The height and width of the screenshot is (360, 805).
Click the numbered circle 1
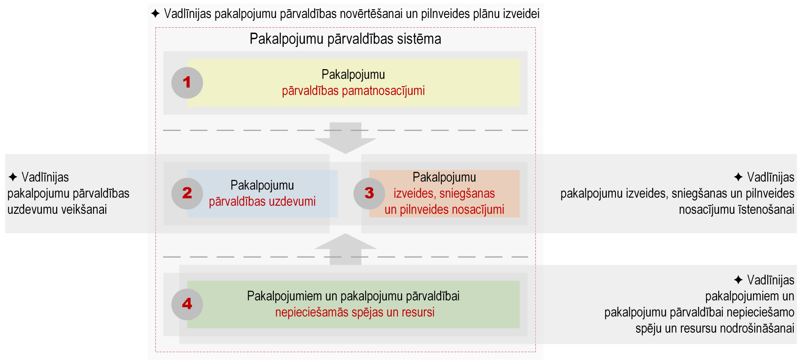tap(187, 83)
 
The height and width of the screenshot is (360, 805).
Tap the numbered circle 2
tap(187, 193)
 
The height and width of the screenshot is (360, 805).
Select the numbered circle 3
tap(369, 193)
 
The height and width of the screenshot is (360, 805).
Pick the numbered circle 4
tap(187, 304)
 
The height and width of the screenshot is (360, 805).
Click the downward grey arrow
tap(345, 138)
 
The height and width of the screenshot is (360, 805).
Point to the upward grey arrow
tap(345, 249)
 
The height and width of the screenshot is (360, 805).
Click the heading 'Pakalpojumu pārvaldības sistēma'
tap(345, 39)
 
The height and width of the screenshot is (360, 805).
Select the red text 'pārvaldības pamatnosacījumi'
tap(353, 91)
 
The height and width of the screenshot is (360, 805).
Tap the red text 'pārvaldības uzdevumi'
tap(262, 202)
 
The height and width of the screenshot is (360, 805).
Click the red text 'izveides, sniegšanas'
tap(444, 193)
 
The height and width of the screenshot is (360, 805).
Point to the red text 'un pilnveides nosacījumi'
tap(444, 210)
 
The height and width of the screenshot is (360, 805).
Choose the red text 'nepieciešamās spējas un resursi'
tap(355, 312)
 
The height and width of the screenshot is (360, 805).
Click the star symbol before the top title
tap(155, 13)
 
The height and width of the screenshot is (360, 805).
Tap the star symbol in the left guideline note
tap(13, 177)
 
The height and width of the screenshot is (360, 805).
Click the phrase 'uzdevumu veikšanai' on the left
tap(57, 210)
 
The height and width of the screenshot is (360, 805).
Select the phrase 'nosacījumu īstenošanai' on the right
tap(737, 210)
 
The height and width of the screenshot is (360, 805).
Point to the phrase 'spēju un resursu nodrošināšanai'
tap(715, 328)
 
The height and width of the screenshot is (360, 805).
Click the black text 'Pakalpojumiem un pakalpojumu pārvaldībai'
tap(353, 296)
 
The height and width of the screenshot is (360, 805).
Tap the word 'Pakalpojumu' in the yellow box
tap(353, 75)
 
